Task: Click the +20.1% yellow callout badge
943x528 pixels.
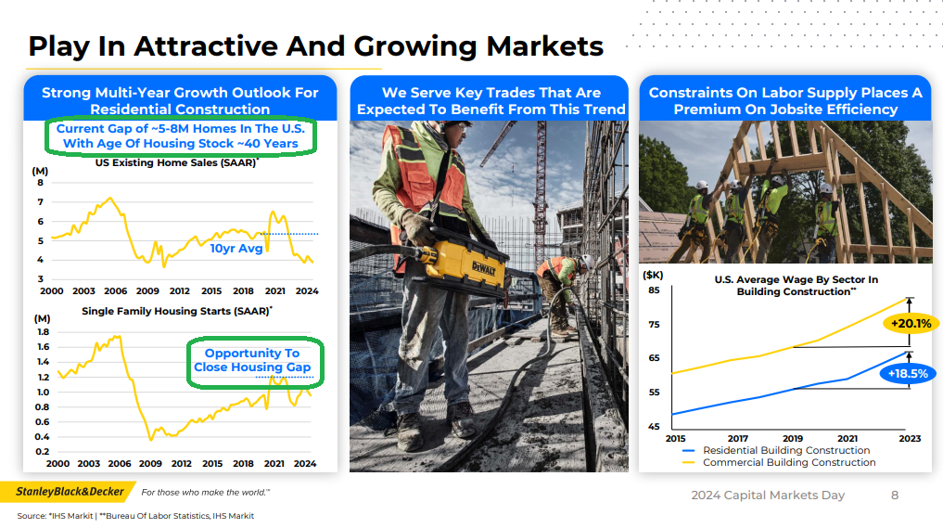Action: point(911,323)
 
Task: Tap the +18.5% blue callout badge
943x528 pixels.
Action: point(908,374)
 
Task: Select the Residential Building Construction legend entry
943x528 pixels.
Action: point(776,450)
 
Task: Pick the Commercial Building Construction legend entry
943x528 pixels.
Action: point(779,462)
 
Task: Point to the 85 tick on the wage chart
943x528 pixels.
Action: point(654,290)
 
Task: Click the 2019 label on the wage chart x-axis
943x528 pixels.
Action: point(793,438)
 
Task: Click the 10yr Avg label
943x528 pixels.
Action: point(236,248)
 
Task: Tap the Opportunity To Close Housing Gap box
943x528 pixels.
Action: point(255,363)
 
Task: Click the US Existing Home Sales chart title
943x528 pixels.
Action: point(177,162)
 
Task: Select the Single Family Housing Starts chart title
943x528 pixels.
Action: point(177,311)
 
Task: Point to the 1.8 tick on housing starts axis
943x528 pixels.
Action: point(43,331)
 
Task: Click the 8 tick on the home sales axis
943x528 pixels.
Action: point(40,183)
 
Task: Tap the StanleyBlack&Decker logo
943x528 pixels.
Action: point(70,492)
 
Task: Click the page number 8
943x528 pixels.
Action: point(894,495)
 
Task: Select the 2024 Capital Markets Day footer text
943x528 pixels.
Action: point(768,496)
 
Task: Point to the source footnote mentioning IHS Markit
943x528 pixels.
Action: point(135,516)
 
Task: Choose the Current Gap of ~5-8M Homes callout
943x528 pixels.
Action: point(181,136)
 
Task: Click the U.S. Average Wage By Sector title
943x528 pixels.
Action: point(796,286)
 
